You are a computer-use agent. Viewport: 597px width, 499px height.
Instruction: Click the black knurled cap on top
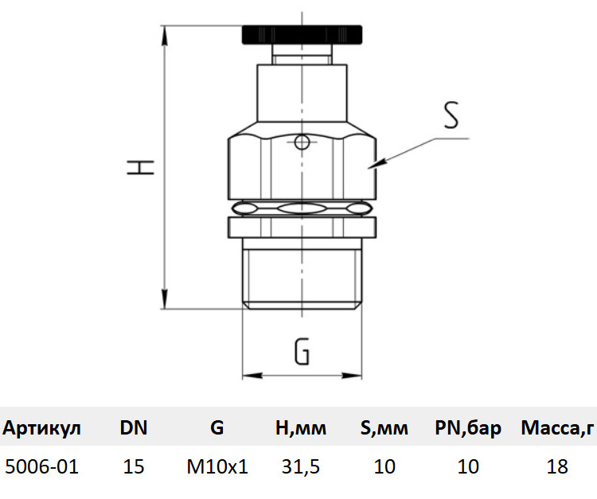(x=302, y=35)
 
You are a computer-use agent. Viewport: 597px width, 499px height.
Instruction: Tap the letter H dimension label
(x=140, y=167)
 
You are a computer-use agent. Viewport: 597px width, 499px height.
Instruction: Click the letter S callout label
(x=451, y=115)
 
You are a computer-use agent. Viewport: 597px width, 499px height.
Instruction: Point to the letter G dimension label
(x=302, y=350)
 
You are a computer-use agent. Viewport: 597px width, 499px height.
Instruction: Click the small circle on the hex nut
(x=302, y=142)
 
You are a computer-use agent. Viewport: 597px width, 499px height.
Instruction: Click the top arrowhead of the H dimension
(x=165, y=37)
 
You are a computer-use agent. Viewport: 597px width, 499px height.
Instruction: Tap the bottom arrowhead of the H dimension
(x=165, y=298)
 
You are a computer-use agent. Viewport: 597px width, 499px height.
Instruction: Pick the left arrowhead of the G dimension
(x=253, y=376)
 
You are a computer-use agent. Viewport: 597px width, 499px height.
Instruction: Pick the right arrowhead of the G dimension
(x=351, y=376)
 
